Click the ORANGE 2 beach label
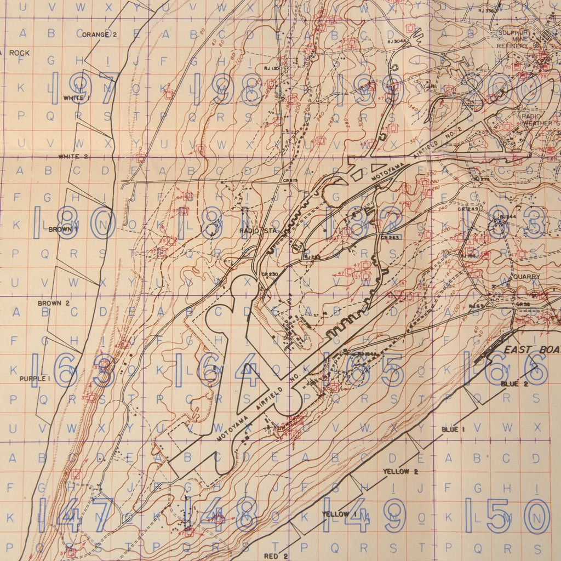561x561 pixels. [x=100, y=35]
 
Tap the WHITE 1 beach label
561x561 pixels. [x=76, y=98]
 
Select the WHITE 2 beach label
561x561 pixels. [x=73, y=157]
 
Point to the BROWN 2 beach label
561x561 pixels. [x=54, y=303]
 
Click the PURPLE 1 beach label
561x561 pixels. [x=35, y=379]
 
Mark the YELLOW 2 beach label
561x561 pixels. [x=400, y=471]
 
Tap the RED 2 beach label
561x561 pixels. [x=276, y=556]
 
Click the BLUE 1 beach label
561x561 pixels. [x=453, y=430]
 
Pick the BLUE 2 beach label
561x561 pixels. [x=514, y=384]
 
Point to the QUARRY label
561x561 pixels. [x=526, y=277]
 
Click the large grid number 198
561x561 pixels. [x=228, y=88]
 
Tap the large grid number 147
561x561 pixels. [x=77, y=515]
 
